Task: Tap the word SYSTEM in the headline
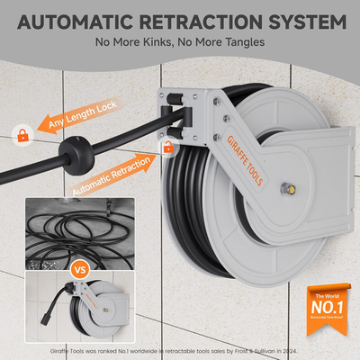coord(301,20)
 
